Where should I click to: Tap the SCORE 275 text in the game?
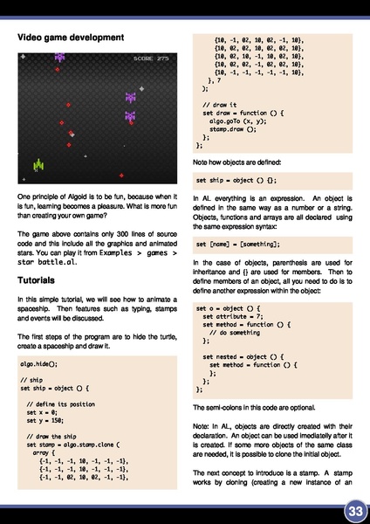coord(151,59)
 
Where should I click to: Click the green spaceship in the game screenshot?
coord(38,163)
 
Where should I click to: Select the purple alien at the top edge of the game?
coord(60,57)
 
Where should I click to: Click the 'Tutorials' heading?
coord(38,280)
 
